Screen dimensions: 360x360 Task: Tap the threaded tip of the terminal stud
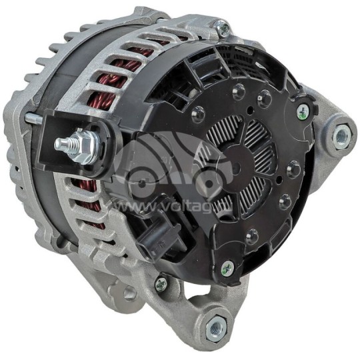click(x=59, y=143)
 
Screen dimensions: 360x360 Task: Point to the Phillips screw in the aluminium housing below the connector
click(x=161, y=285)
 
